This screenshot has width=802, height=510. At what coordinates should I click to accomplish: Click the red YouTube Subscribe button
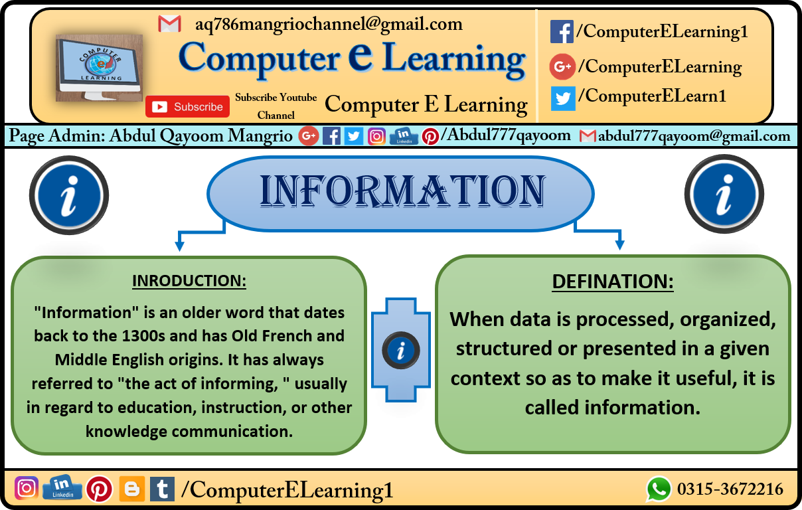pos(187,106)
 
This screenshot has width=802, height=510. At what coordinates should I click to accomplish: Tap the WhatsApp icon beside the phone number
pos(659,489)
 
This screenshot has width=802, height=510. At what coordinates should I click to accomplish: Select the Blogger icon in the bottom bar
pos(131,489)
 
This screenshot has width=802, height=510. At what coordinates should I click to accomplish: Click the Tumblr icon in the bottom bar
pos(162,489)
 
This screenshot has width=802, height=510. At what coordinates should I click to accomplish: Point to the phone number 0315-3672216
pos(730,489)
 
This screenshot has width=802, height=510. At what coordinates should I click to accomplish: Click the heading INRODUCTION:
pos(189,281)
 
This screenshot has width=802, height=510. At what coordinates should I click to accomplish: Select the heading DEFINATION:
pos(613,282)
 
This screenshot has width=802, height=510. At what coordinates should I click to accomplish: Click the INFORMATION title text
pos(403,192)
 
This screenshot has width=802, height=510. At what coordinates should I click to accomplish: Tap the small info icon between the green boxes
pos(400,350)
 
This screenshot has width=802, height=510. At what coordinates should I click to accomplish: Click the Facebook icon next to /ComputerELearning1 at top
pos(562,32)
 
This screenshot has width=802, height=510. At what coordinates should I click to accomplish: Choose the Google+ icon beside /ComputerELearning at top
pos(562,66)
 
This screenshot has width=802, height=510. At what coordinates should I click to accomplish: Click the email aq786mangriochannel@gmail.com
pos(329,25)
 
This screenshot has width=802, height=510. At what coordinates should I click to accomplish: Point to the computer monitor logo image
pos(100,68)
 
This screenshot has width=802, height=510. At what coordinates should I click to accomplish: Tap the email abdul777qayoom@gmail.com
pos(694,137)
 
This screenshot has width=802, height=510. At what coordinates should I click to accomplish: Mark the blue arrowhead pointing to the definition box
pos(619,244)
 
